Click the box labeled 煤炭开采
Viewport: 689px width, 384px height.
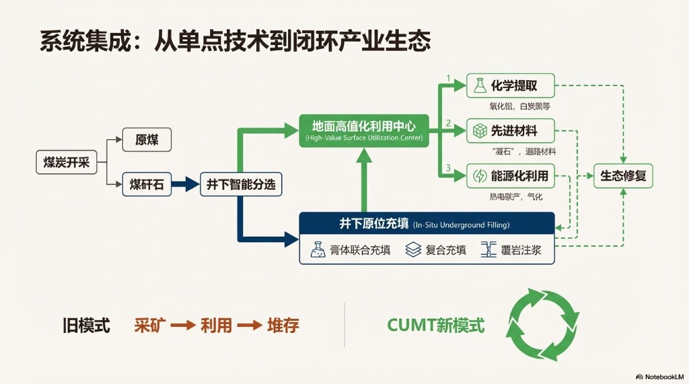click(x=67, y=162)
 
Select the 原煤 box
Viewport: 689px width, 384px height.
click(x=147, y=140)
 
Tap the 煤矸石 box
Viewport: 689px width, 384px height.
click(x=147, y=184)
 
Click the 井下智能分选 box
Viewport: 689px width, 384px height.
click(x=240, y=184)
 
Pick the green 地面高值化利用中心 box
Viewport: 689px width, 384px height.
click(x=363, y=130)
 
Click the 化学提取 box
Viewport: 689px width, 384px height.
click(x=511, y=86)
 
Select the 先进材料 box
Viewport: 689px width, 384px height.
click(x=511, y=130)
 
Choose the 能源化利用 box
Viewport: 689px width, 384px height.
click(x=511, y=176)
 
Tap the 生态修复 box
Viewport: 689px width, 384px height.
click(x=622, y=176)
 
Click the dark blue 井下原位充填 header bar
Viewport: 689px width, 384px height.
click(x=427, y=224)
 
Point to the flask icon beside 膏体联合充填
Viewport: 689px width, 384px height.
click(x=318, y=250)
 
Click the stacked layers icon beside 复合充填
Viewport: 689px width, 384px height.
click(x=412, y=250)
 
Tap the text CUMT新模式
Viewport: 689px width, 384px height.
click(x=435, y=325)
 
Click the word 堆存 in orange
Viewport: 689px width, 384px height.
click(x=283, y=325)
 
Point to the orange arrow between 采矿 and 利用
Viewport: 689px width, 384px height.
click(x=182, y=325)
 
